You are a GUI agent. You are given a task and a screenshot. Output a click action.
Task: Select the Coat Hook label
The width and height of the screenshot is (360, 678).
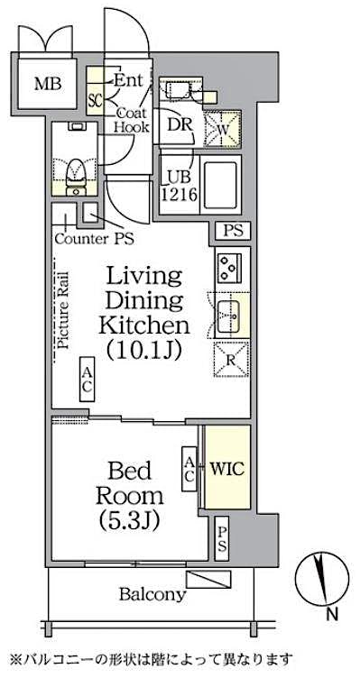coord(131,121)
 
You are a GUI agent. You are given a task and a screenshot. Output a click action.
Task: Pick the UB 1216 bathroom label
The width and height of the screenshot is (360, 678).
coord(177,185)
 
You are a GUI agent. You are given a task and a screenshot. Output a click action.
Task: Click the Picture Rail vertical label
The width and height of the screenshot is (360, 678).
coord(64,311)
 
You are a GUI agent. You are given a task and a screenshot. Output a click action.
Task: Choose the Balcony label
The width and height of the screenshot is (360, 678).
coord(152,594)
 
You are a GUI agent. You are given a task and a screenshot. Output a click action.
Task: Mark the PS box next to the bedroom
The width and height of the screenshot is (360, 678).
coord(222,540)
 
